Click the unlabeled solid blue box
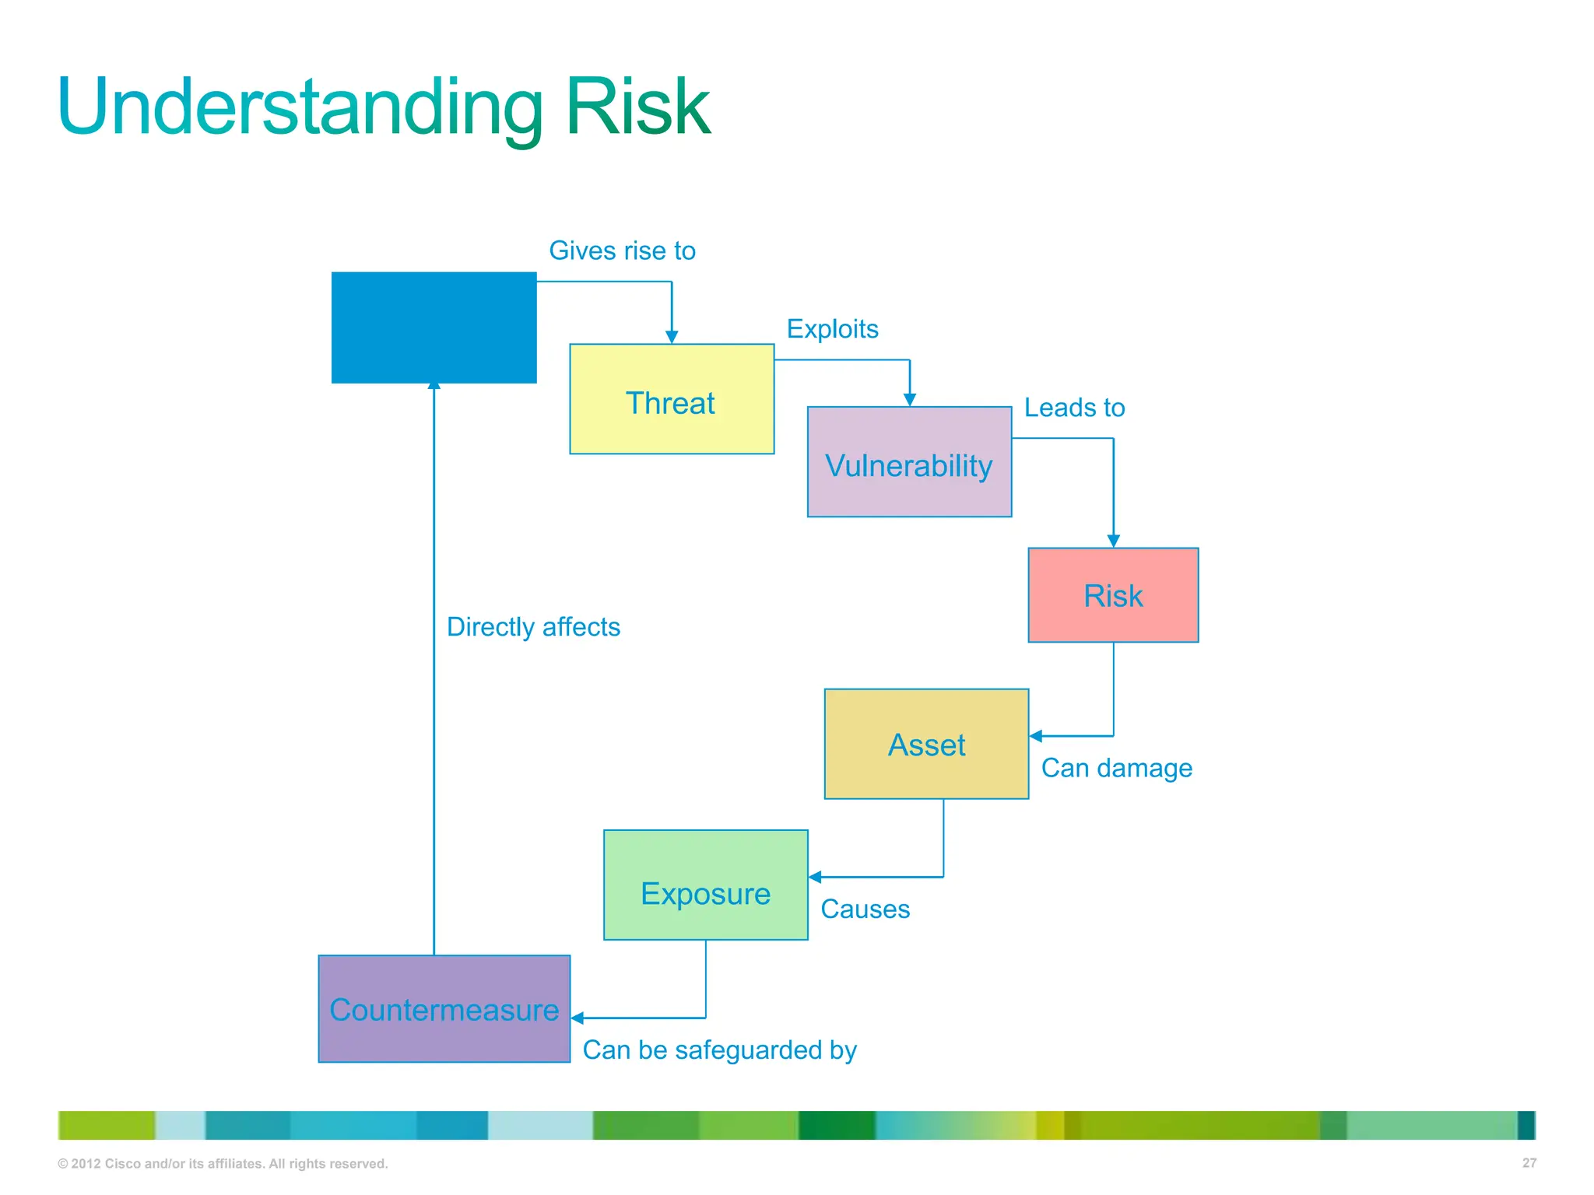point(434,327)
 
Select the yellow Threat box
point(671,399)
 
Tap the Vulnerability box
point(909,462)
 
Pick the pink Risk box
point(1113,595)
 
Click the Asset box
point(926,744)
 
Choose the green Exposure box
point(705,885)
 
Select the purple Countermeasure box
point(444,1009)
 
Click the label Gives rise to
point(622,251)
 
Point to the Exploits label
point(832,329)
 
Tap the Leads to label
point(1074,408)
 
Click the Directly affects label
point(533,627)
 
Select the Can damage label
point(1116,768)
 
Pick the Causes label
point(865,909)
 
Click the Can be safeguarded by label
point(719,1050)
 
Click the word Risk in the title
point(637,107)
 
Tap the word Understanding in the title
point(300,107)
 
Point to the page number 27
point(1529,1163)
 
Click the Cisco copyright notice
point(223,1164)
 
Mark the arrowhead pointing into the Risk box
point(1113,541)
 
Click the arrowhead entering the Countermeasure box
point(578,1018)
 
